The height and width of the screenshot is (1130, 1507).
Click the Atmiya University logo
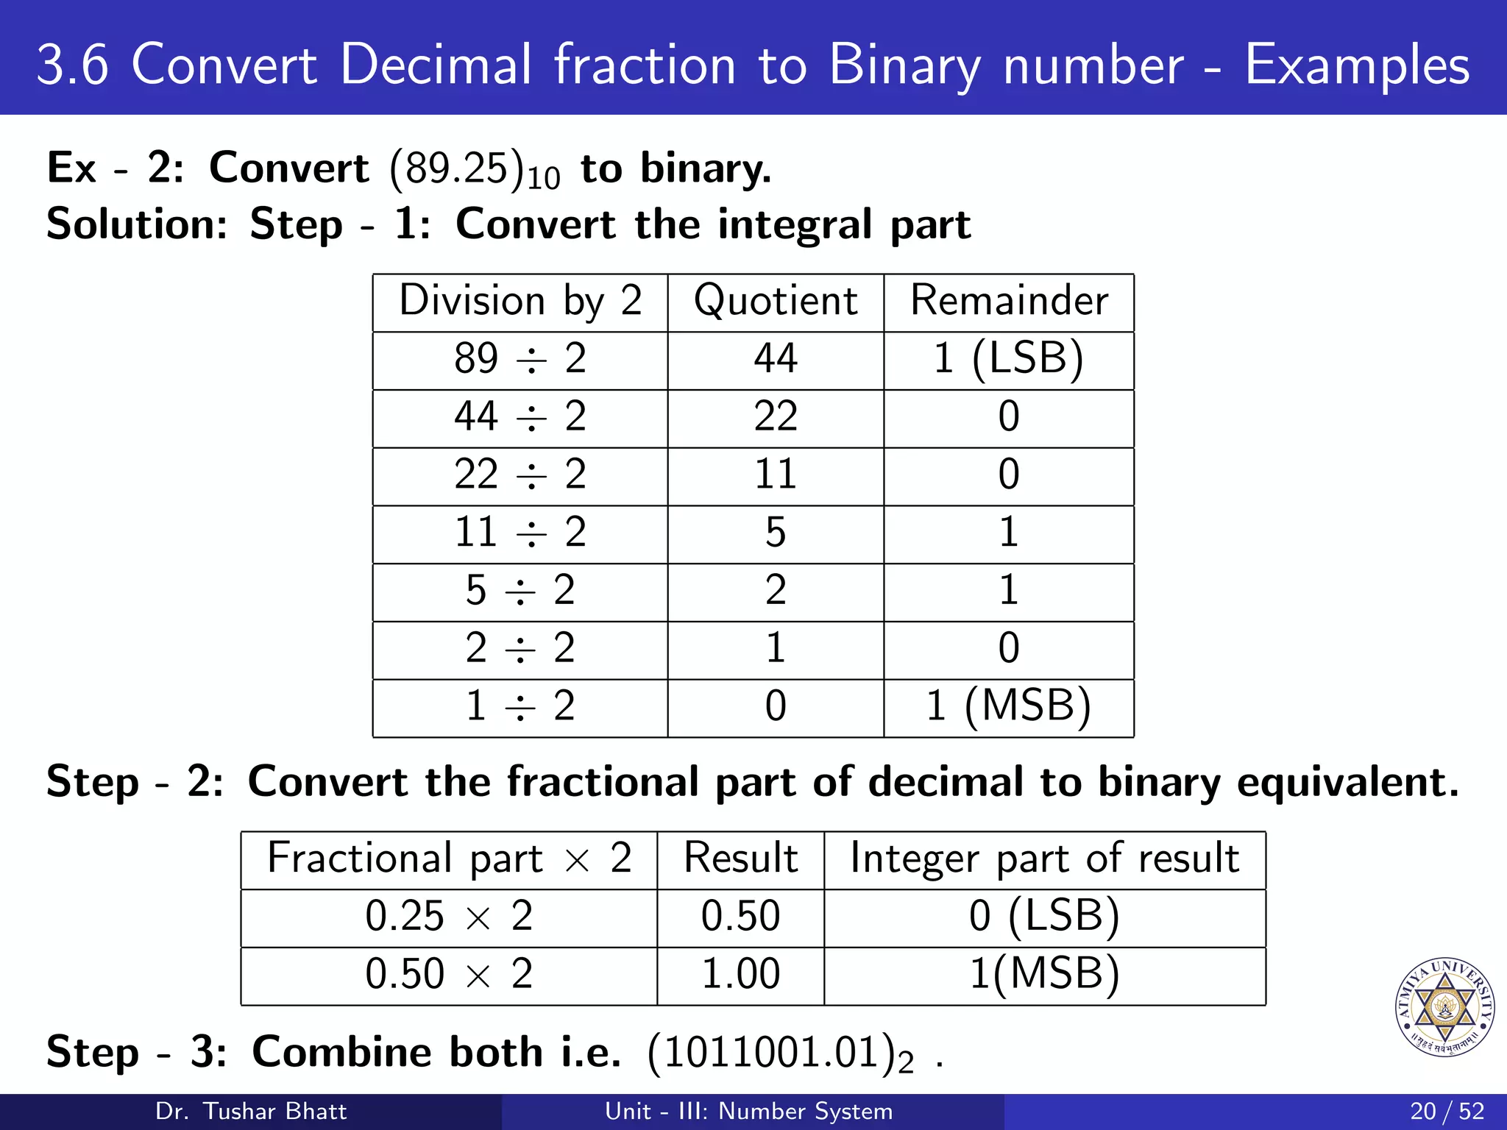tap(1444, 1007)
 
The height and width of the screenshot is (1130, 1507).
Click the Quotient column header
tap(776, 302)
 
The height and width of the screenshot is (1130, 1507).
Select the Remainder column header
tap(1009, 302)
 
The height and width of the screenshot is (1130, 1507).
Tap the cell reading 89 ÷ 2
tap(520, 360)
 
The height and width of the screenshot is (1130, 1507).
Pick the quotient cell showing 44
tap(776, 360)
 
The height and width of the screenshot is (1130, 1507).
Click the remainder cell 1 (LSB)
tap(1009, 360)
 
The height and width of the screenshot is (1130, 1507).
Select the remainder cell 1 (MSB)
tap(1009, 707)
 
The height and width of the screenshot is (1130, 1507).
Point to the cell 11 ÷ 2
tap(520, 533)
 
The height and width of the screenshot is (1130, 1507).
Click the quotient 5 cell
tap(776, 533)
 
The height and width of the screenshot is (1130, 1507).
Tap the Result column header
tap(740, 859)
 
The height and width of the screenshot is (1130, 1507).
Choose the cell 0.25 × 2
tap(449, 917)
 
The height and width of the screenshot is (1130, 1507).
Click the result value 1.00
tap(740, 975)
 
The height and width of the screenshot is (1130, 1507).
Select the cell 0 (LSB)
tap(1044, 917)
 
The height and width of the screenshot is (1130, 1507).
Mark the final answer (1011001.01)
tap(781, 1053)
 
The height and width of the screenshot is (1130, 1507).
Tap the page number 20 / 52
tap(1447, 1111)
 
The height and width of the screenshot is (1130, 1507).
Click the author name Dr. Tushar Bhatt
tap(251, 1111)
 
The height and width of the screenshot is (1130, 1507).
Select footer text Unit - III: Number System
tap(748, 1111)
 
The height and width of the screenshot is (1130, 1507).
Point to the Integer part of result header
tap(1044, 859)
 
